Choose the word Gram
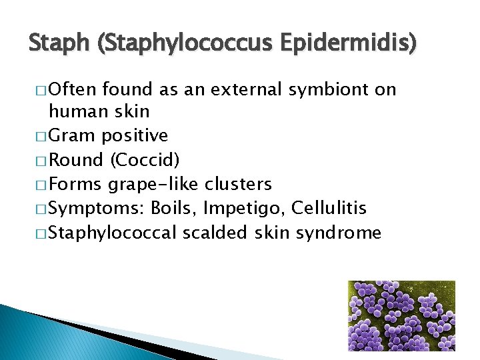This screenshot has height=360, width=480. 71,136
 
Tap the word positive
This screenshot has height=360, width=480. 135,136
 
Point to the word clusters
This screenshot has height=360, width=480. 239,184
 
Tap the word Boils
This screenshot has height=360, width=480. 175,208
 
